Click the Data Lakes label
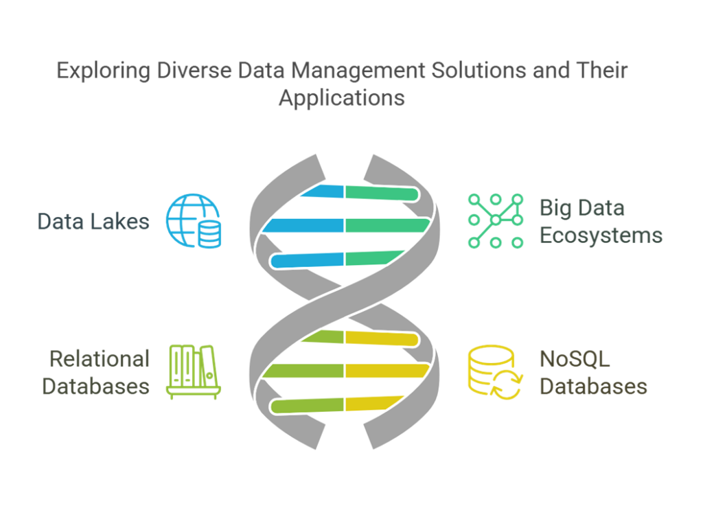point(93,222)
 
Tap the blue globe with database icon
point(193,220)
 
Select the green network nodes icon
point(496,220)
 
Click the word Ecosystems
point(601,235)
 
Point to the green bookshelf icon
point(193,372)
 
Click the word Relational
point(100,359)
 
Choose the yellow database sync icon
point(496,372)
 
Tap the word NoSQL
point(575,359)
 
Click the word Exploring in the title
point(104,71)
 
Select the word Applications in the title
point(342,97)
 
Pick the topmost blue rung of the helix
point(323,192)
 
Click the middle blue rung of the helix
point(303,225)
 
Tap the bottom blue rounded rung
point(307,260)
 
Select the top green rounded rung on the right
point(382,193)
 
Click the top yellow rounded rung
point(382,338)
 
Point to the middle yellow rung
point(387,371)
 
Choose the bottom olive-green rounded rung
point(307,406)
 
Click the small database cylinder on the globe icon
point(209,234)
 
